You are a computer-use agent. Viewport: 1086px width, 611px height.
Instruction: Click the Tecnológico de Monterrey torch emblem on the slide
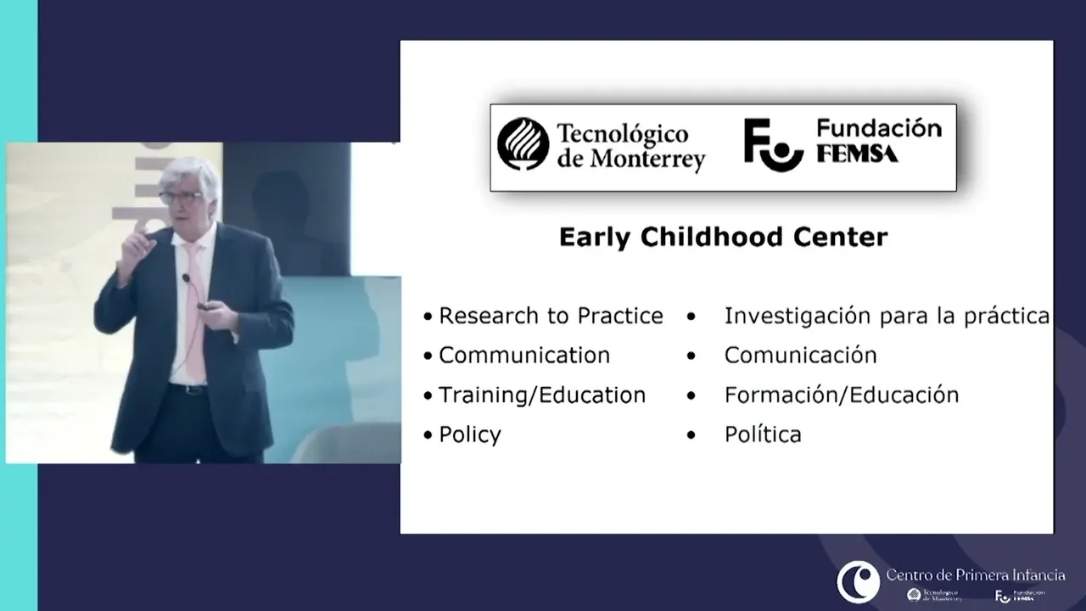pyautogui.click(x=523, y=144)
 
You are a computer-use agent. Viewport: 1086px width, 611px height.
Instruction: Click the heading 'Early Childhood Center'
pyautogui.click(x=724, y=238)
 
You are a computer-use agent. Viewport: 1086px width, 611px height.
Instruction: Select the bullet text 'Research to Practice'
pyautogui.click(x=551, y=316)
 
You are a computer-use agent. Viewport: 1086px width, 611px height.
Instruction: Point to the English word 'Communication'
pyautogui.click(x=524, y=356)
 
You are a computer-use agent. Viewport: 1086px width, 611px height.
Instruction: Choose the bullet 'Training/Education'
pyautogui.click(x=542, y=395)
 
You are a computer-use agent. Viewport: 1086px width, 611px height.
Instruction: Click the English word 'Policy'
pyautogui.click(x=470, y=435)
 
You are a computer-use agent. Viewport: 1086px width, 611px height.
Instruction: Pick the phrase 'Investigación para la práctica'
pyautogui.click(x=887, y=317)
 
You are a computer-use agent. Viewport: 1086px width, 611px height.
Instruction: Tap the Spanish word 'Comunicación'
pyautogui.click(x=800, y=355)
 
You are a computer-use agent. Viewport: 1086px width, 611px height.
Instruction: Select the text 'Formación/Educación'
pyautogui.click(x=842, y=395)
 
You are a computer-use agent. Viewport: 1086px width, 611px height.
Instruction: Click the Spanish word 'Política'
pyautogui.click(x=763, y=434)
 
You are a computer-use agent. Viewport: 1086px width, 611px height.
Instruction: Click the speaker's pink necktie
pyautogui.click(x=194, y=310)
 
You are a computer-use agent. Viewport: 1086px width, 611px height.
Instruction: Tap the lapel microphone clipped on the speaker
pyautogui.click(x=186, y=278)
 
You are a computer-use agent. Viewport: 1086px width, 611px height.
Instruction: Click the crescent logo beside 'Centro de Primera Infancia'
pyautogui.click(x=858, y=581)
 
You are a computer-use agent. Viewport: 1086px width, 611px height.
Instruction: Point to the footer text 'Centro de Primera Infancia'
pyautogui.click(x=976, y=575)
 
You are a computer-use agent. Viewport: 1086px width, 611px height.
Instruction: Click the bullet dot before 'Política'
pyautogui.click(x=691, y=435)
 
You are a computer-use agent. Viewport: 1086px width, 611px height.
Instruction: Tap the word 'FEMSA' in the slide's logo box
pyautogui.click(x=857, y=154)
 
